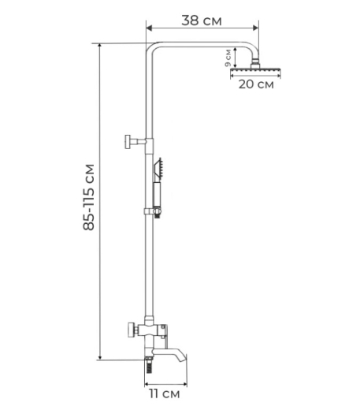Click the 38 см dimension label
pos(202,20)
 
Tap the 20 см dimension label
pos(256,84)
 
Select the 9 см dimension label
pos(228,58)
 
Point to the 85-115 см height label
pos(88,197)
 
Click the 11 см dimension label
pos(165,394)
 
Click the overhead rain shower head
pos(255,70)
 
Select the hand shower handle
pos(157,195)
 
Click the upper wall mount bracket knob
pos(128,142)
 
